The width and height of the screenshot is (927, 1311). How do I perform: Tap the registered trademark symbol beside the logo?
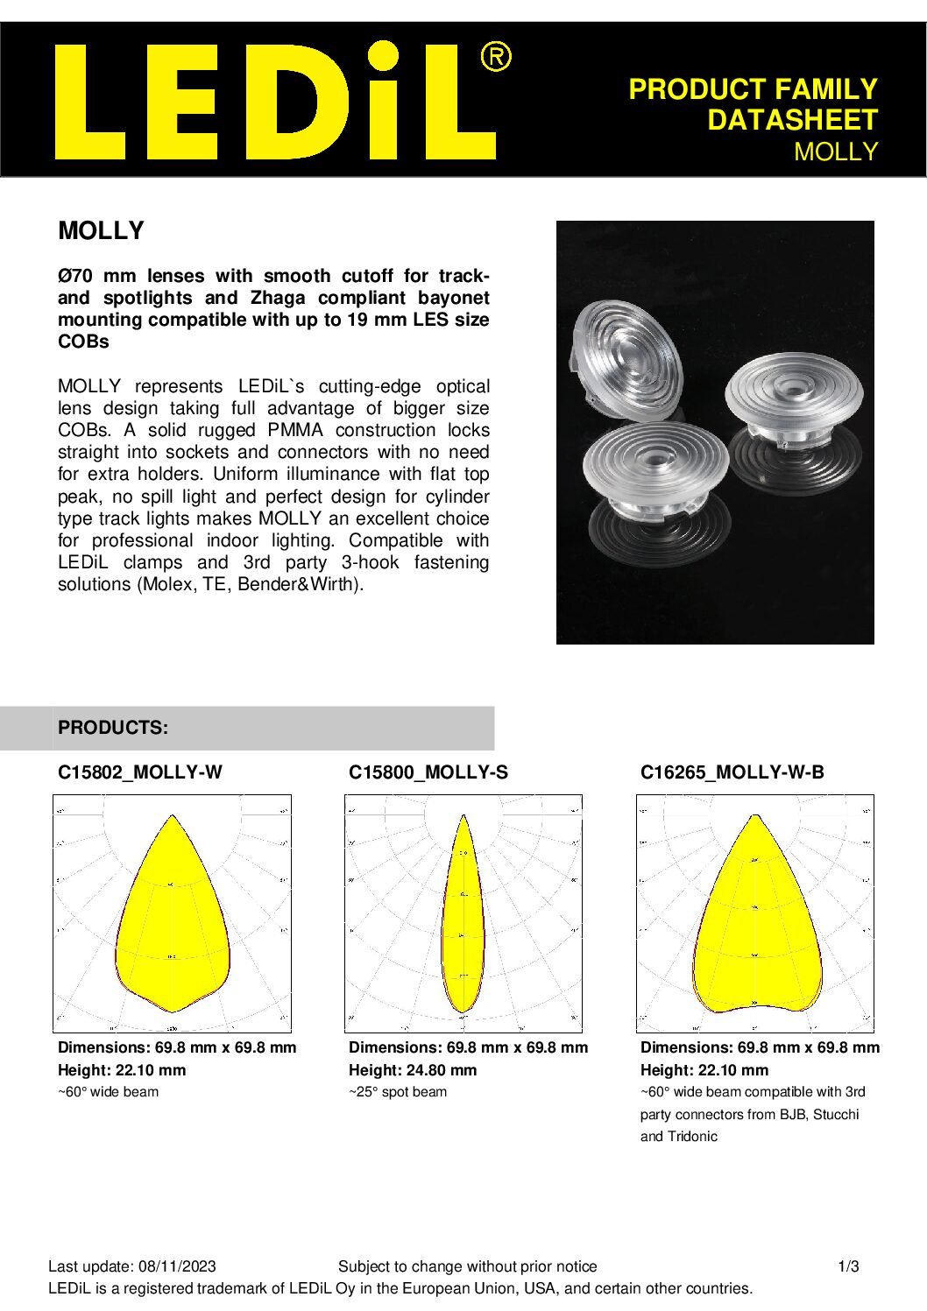pyautogui.click(x=496, y=58)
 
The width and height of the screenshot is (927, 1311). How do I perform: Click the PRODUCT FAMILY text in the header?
pyautogui.click(x=753, y=89)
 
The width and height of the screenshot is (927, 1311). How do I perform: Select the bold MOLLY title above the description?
pyautogui.click(x=101, y=231)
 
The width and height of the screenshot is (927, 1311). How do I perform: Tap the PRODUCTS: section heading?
pyautogui.click(x=113, y=728)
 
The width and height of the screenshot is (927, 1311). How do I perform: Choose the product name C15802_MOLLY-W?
pyautogui.click(x=140, y=772)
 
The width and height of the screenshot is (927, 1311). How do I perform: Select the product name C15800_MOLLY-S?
pyautogui.click(x=428, y=772)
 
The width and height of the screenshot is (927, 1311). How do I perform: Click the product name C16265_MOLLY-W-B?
pyautogui.click(x=732, y=772)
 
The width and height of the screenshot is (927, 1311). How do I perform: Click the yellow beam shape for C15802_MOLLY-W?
pyautogui.click(x=173, y=928)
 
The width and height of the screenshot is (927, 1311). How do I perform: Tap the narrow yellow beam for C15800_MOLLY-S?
pyautogui.click(x=463, y=920)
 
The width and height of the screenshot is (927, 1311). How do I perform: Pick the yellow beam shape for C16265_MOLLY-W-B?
pyautogui.click(x=757, y=928)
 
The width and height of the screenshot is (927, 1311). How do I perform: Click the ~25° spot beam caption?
pyautogui.click(x=398, y=1092)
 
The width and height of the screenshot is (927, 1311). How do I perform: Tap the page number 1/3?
pyautogui.click(x=849, y=1266)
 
